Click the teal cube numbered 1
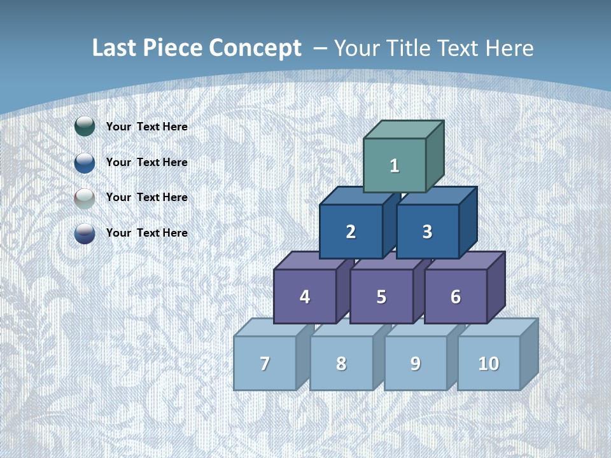coord(395,165)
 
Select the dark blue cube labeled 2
coord(351,232)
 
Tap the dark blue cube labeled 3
coord(427,232)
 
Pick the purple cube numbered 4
coord(305,296)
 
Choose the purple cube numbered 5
coord(381,296)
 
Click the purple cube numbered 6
coord(456,296)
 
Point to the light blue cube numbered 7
coord(265,363)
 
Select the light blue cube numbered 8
coord(341,363)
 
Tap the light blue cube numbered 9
coord(416,363)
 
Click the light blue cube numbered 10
coord(489,363)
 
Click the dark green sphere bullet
coord(85,127)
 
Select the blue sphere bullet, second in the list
coord(85,162)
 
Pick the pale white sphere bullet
coord(85,198)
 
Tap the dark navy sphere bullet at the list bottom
coord(85,233)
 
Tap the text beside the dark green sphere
coord(147,127)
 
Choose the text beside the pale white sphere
coord(147,197)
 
